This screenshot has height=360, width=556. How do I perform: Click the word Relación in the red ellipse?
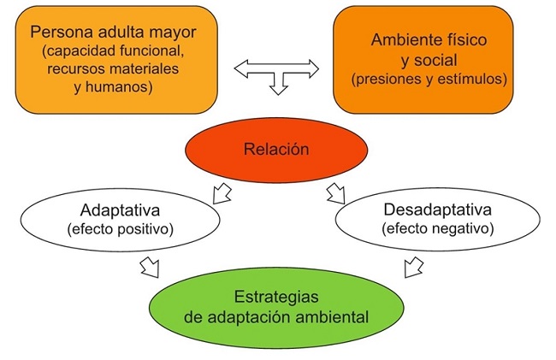click(276, 149)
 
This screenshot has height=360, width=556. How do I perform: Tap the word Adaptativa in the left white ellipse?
click(120, 210)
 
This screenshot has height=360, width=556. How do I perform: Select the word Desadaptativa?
click(438, 210)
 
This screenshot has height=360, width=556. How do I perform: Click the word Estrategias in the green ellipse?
click(276, 297)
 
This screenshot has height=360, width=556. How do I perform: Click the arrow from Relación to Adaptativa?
click(222, 194)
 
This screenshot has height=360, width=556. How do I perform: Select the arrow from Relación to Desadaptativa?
click(335, 193)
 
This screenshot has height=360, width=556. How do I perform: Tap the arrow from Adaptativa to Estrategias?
click(150, 268)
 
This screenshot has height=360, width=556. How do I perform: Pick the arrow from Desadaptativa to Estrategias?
click(414, 267)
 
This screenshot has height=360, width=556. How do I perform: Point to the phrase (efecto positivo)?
click(121, 230)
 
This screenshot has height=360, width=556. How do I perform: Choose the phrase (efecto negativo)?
click(438, 228)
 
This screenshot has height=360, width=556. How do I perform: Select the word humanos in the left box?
click(117, 86)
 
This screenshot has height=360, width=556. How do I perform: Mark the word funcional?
click(152, 50)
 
